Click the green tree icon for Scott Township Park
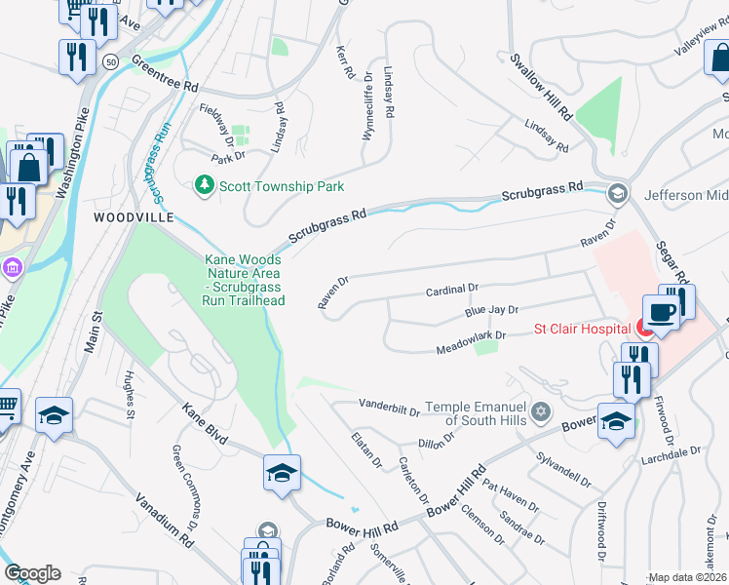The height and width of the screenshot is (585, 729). (x=204, y=184)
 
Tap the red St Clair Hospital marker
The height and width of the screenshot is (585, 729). (x=645, y=329)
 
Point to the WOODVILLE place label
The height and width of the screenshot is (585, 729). (x=133, y=215)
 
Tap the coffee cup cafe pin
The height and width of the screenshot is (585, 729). (x=661, y=313)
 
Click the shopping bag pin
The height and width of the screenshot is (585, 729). (x=27, y=167)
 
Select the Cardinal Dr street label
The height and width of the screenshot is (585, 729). (x=453, y=290)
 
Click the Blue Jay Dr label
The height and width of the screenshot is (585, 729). (x=490, y=311)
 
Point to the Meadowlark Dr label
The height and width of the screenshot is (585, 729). (x=473, y=336)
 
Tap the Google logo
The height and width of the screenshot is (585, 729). (x=32, y=573)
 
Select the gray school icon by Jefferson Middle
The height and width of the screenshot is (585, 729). (x=616, y=194)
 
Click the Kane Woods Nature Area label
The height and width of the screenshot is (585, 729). (x=244, y=280)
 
